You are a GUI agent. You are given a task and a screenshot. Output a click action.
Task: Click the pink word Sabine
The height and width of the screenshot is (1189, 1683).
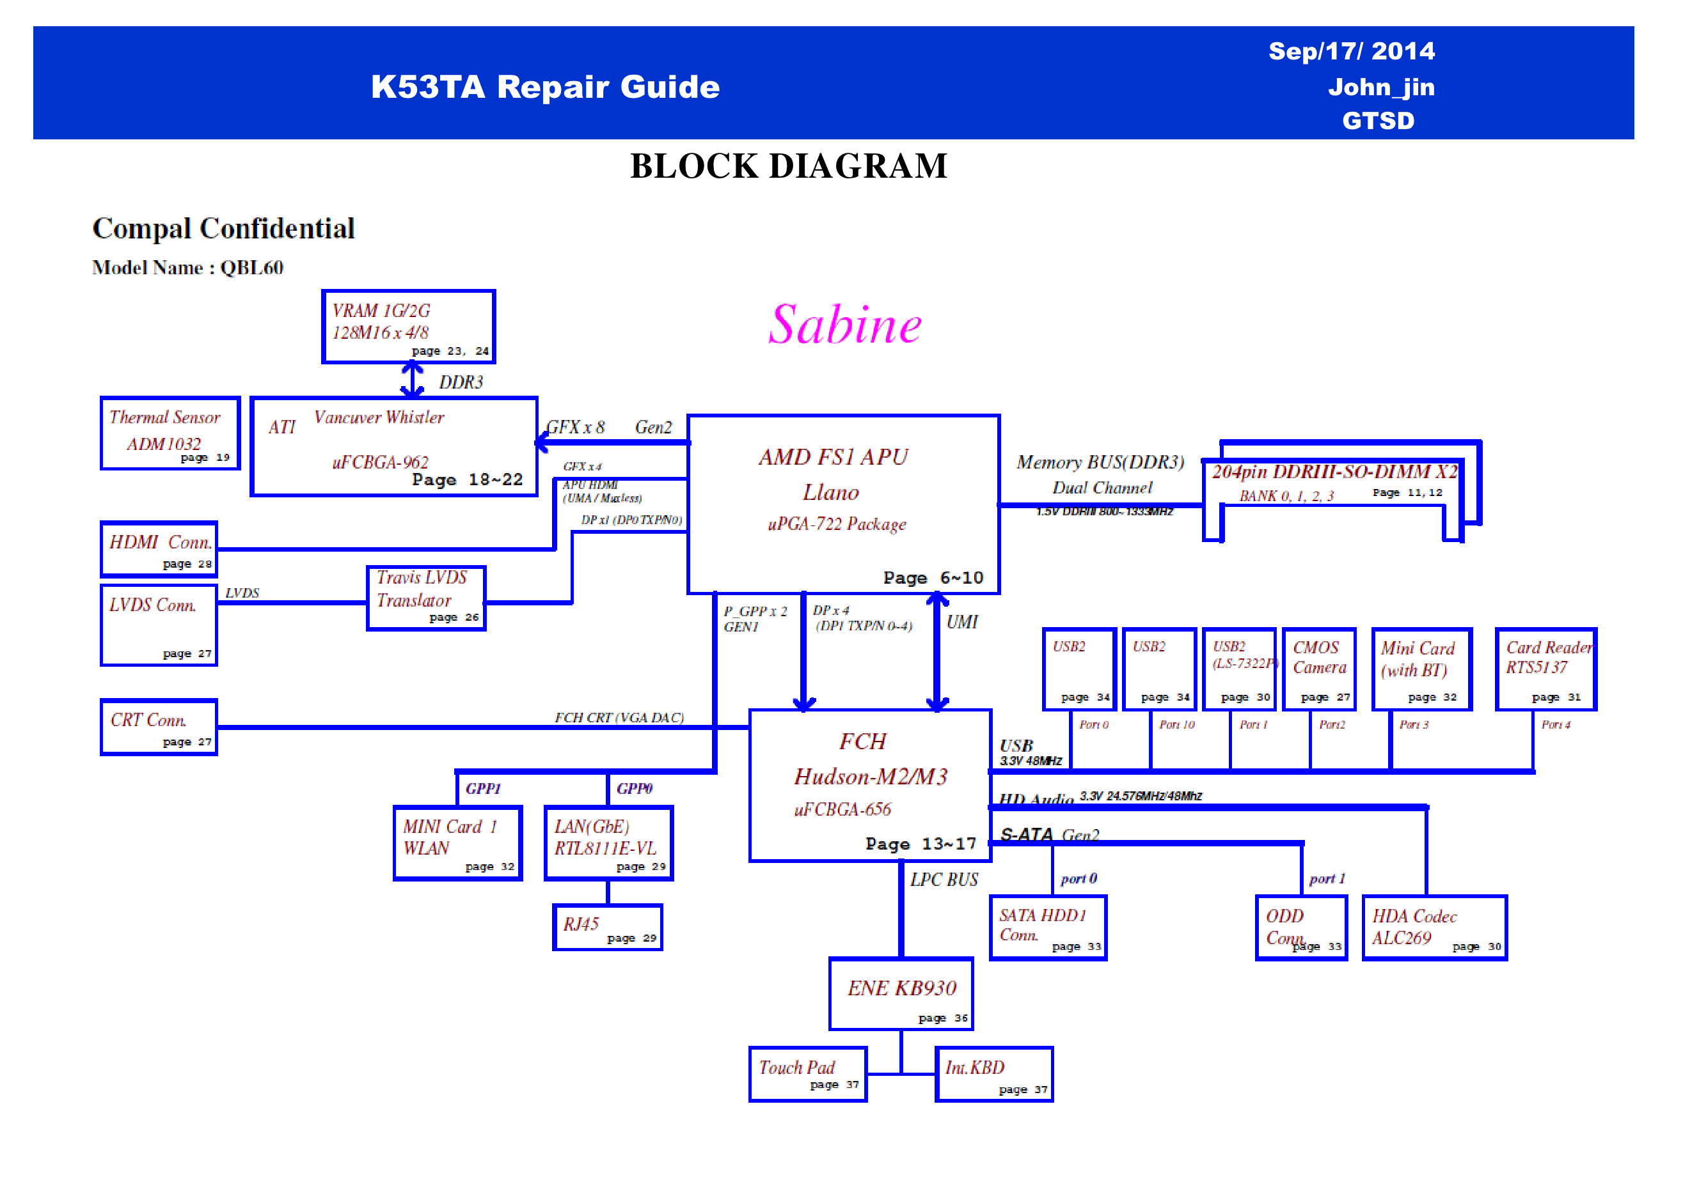(x=844, y=325)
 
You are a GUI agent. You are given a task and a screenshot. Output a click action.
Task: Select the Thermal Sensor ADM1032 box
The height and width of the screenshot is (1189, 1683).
(x=170, y=433)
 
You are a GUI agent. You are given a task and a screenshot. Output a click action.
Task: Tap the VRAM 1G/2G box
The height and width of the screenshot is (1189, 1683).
(x=408, y=327)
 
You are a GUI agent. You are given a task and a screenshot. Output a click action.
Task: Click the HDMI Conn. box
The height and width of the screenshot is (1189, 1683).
(x=159, y=550)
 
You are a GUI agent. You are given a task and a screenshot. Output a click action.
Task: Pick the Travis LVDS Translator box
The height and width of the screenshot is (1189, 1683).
(x=426, y=598)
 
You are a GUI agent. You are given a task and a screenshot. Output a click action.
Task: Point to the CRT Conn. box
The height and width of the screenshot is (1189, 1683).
(x=159, y=727)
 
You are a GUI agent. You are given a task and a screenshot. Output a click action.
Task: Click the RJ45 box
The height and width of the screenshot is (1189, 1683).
(x=608, y=928)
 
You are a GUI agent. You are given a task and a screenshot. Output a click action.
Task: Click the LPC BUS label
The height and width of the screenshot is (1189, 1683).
(x=944, y=879)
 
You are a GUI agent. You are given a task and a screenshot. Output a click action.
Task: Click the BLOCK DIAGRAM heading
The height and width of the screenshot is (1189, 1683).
(x=789, y=166)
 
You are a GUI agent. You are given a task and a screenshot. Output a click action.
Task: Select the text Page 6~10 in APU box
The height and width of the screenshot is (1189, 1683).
(x=933, y=577)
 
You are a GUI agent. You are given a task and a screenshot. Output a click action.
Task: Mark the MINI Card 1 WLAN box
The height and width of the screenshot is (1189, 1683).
(x=457, y=843)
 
